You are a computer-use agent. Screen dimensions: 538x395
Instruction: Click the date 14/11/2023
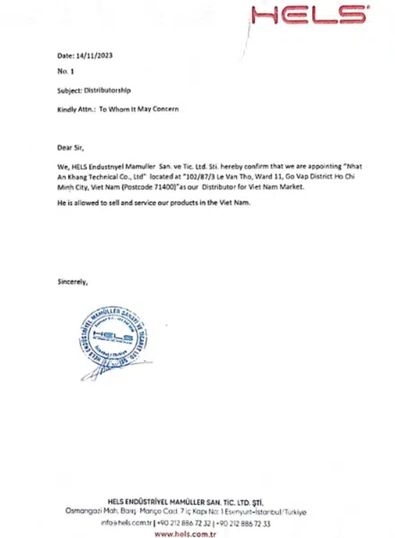pyautogui.click(x=94, y=55)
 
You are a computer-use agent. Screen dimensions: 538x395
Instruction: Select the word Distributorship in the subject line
pyautogui.click(x=107, y=90)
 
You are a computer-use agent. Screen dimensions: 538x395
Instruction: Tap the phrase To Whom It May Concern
pyautogui.click(x=139, y=109)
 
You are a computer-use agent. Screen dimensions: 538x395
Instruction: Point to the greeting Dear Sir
pyautogui.click(x=70, y=148)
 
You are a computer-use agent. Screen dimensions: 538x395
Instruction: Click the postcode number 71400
pyautogui.click(x=165, y=187)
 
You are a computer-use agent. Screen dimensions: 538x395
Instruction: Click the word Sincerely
pyautogui.click(x=72, y=282)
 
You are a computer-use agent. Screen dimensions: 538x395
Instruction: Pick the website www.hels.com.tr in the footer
pyautogui.click(x=185, y=534)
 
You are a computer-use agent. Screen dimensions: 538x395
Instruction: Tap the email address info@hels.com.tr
pyautogui.click(x=126, y=523)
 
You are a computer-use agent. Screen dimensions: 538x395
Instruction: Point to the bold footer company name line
pyautogui.click(x=186, y=502)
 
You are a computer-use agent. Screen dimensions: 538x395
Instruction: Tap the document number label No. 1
pyautogui.click(x=66, y=71)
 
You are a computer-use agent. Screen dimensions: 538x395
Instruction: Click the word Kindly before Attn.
pyautogui.click(x=67, y=109)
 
